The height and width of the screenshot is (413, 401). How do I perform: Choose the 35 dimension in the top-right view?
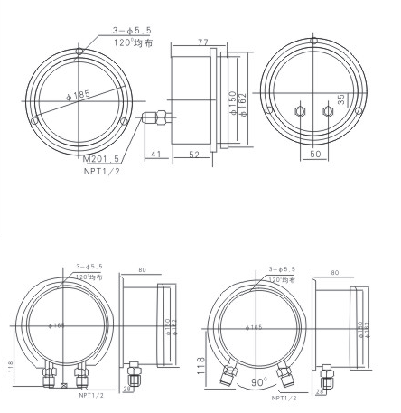[x=341, y=100]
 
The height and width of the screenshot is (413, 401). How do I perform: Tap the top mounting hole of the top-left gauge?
[x=79, y=39]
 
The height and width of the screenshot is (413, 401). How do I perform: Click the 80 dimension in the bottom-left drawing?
[x=143, y=271]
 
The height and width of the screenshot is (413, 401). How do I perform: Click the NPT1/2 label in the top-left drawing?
[x=101, y=171]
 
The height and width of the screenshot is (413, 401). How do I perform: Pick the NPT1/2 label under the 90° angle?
[x=284, y=396]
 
